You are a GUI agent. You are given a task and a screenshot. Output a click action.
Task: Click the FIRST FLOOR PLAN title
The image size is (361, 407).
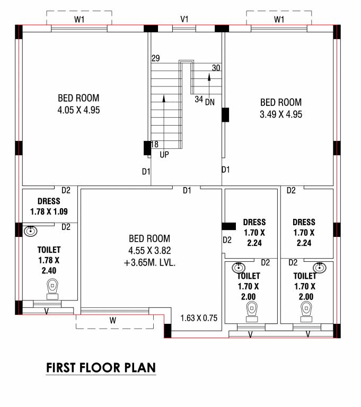(x=101, y=367)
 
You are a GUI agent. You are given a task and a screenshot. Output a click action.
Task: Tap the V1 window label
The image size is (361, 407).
(x=184, y=19)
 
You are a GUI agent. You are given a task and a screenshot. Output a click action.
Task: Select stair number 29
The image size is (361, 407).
(x=155, y=58)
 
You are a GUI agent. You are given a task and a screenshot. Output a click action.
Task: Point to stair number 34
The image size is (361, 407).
(x=199, y=99)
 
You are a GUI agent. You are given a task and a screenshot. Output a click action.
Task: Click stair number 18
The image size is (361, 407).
(x=155, y=144)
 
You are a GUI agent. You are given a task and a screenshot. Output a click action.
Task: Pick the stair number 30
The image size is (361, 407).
(x=216, y=68)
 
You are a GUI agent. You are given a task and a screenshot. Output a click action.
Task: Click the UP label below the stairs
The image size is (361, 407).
(x=164, y=155)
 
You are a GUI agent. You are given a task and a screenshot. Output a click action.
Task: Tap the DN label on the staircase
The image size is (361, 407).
(x=209, y=102)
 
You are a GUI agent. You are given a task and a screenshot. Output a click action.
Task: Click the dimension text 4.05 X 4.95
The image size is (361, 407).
(x=78, y=110)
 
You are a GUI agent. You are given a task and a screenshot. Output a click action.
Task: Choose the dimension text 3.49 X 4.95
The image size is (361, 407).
(x=280, y=114)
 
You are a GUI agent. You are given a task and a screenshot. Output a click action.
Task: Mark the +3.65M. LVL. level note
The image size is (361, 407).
(x=149, y=262)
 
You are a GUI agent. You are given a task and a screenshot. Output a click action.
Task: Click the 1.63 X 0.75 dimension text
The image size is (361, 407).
(x=199, y=318)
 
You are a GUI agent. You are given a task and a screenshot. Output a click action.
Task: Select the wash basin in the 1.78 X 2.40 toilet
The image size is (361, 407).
(x=31, y=231)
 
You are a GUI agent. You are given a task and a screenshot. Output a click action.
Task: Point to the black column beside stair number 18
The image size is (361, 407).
(x=147, y=148)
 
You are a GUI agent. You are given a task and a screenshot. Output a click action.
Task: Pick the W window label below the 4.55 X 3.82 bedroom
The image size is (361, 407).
(x=112, y=320)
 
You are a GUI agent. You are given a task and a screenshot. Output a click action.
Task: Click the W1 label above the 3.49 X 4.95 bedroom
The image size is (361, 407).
(x=279, y=20)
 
